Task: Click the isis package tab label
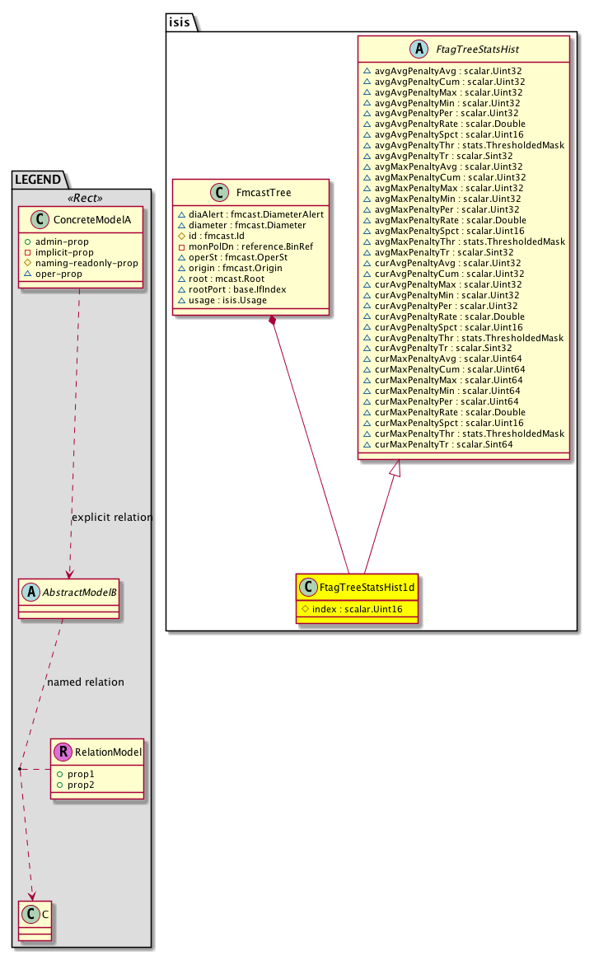coord(182,22)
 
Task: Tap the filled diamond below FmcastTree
coord(273,321)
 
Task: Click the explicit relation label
coord(112,518)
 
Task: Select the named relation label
coord(87,682)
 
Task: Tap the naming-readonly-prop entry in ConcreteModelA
coord(95,262)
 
